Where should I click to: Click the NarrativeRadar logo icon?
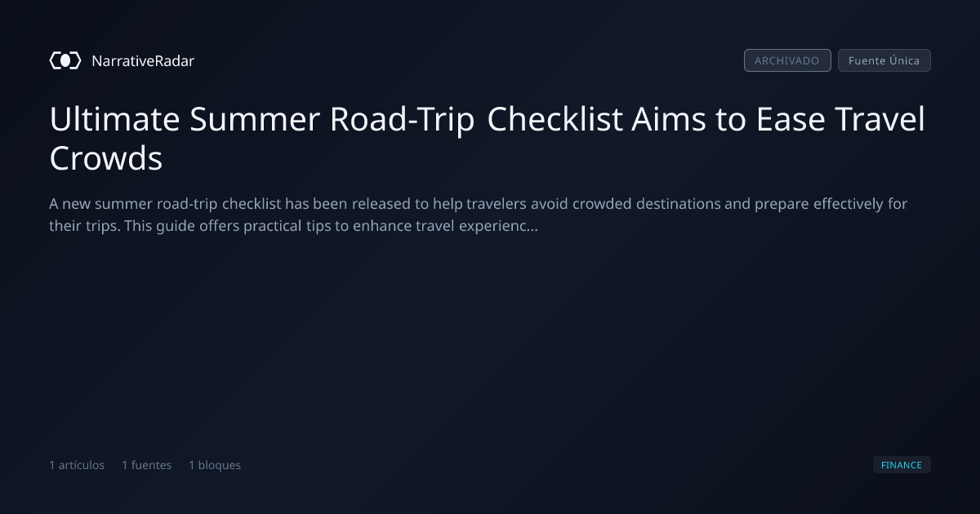(65, 60)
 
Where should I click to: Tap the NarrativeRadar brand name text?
(143, 60)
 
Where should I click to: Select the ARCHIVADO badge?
(787, 60)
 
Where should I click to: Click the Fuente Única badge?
(884, 60)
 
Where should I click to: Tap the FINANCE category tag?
(902, 464)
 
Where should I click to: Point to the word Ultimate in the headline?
(114, 119)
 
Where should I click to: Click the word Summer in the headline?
(255, 119)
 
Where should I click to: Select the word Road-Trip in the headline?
(402, 120)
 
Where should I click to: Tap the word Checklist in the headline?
(555, 119)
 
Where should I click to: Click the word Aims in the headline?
(669, 119)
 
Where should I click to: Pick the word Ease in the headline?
(791, 119)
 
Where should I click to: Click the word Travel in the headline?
(880, 119)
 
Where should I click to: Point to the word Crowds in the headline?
(106, 157)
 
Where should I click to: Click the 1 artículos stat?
(77, 465)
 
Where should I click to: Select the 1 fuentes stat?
(146, 465)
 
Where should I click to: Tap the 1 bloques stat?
(215, 465)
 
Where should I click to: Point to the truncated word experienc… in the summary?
(498, 227)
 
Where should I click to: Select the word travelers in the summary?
(497, 204)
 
